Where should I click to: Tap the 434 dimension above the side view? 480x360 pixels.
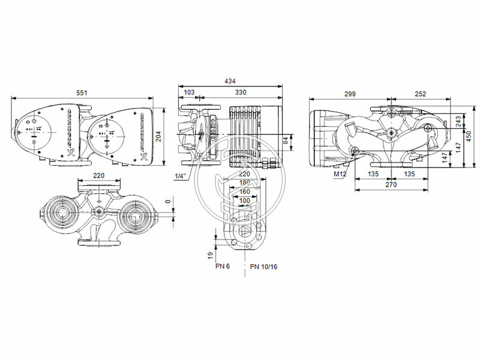(230, 81)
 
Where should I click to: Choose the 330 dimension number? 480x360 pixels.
(241, 93)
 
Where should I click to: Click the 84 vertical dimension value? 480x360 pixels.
(286, 140)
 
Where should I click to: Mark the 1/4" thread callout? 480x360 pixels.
(181, 176)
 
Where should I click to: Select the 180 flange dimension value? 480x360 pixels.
(244, 183)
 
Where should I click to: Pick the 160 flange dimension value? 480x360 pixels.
(244, 192)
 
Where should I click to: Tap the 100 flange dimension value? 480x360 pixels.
(244, 200)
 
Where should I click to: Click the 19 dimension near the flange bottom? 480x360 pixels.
(211, 255)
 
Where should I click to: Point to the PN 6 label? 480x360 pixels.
(223, 266)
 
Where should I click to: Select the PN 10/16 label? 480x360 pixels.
(263, 266)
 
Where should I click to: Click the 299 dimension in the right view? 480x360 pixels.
(350, 94)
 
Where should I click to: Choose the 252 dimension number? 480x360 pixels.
(420, 94)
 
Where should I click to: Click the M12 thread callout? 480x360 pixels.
(341, 174)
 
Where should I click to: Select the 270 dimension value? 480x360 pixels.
(391, 186)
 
